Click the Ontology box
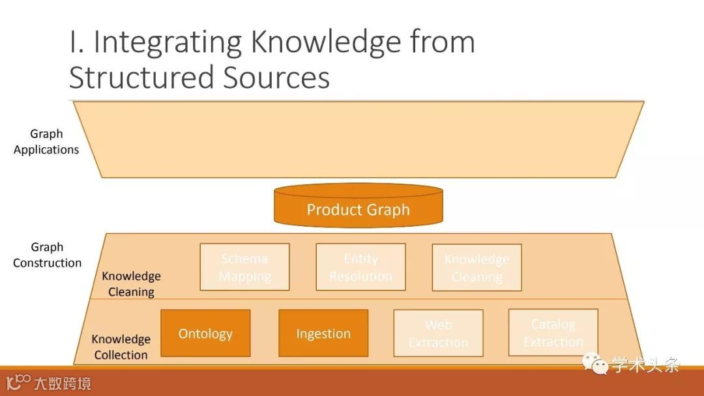coord(205,333)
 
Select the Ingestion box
coord(323,333)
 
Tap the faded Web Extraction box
coord(438,333)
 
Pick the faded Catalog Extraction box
coord(553,332)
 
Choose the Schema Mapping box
coord(244,267)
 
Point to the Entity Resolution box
coord(360,267)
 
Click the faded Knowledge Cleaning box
coord(477,267)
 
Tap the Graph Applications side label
coord(46,141)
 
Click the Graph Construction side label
coord(47,255)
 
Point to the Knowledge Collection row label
coord(121,346)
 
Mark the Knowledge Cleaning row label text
coord(131,283)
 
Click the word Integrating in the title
coord(169,43)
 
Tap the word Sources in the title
coord(276,78)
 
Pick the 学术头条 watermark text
coord(645,364)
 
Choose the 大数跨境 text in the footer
coord(63,383)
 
